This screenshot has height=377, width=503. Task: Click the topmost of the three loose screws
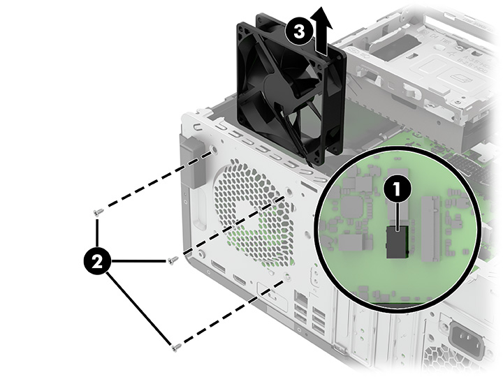[x=99, y=211]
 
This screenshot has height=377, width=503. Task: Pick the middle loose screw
[x=173, y=260]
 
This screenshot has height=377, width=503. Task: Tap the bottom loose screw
[x=175, y=344]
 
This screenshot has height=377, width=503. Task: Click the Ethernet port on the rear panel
[x=300, y=301]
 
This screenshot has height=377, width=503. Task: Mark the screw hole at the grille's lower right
[x=288, y=276]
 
